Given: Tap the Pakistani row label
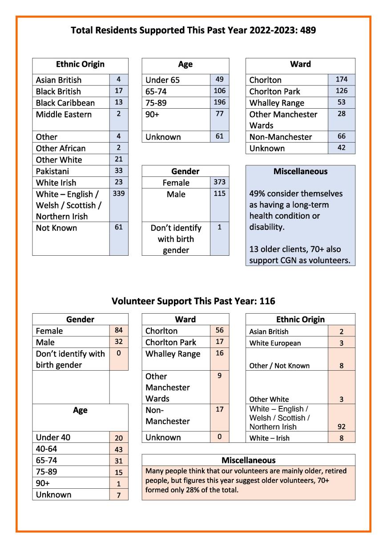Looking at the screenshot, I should [52, 171].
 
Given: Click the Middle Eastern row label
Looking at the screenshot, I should [64, 115].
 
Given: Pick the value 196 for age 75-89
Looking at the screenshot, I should [220, 102].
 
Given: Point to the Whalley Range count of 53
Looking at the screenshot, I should [341, 102].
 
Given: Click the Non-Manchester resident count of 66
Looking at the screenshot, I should [341, 136].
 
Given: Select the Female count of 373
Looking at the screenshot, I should [220, 182].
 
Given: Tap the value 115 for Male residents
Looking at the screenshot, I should [220, 193].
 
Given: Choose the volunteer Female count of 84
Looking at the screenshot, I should [119, 331].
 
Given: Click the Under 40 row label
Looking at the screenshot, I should [53, 438].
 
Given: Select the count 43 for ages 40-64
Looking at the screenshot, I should [119, 450].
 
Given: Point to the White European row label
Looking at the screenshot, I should [275, 343].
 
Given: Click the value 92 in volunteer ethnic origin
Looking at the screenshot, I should [341, 426].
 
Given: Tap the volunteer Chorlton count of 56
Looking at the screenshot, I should [220, 331].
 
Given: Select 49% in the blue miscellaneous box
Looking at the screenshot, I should [258, 194].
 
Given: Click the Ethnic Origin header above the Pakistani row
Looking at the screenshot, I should [80, 64].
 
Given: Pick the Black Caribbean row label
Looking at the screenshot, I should [65, 103].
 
